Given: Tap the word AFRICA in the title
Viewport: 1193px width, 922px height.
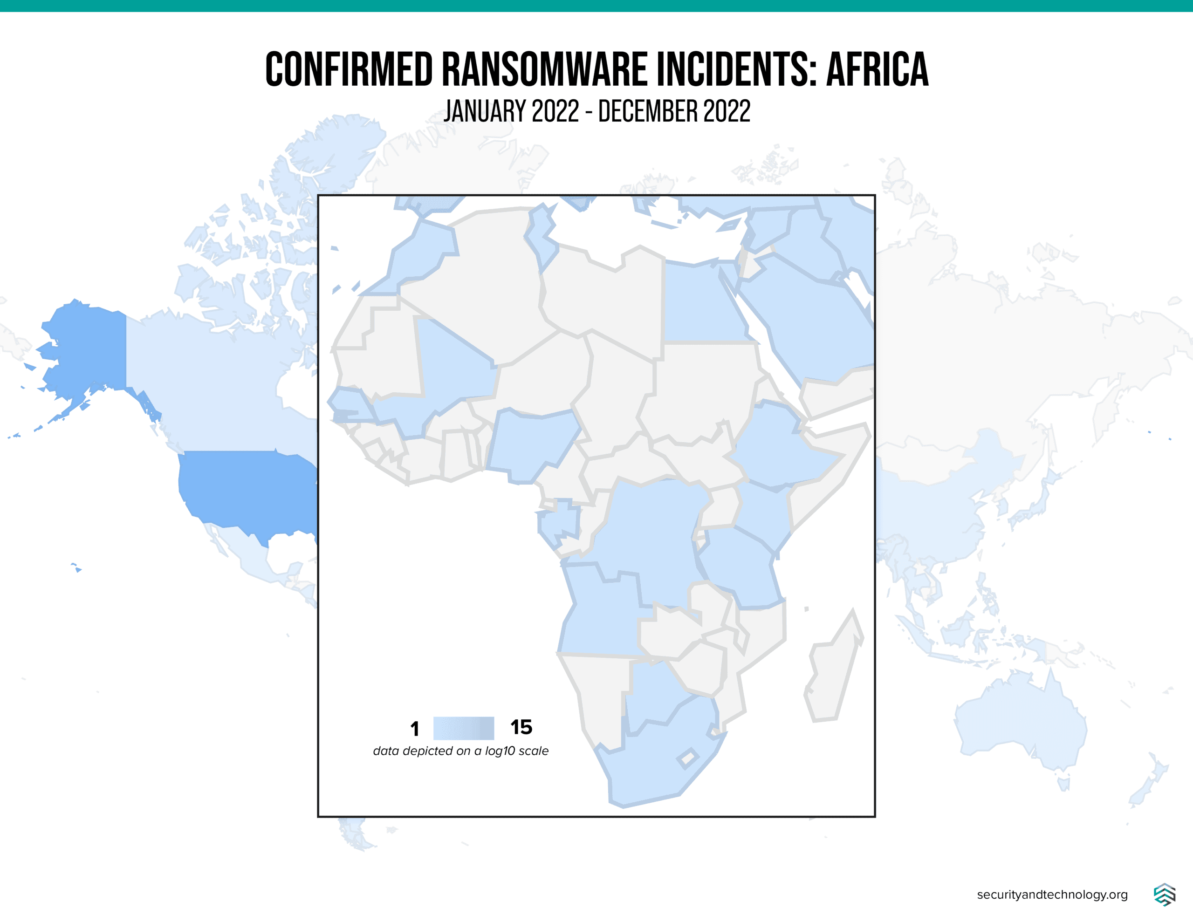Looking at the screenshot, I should click(x=877, y=69).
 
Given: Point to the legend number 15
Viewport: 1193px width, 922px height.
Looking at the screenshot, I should click(x=521, y=727).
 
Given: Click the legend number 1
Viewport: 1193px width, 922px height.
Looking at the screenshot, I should click(x=415, y=729).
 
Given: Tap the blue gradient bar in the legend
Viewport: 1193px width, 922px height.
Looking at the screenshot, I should click(x=463, y=728).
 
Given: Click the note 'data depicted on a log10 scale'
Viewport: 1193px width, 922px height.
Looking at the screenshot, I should click(x=460, y=751).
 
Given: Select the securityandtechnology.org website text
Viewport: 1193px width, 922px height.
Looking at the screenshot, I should click(x=1052, y=894).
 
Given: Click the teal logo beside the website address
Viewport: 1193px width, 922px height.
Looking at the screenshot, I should click(x=1164, y=894).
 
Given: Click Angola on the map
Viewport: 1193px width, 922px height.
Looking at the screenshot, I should click(x=601, y=617).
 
